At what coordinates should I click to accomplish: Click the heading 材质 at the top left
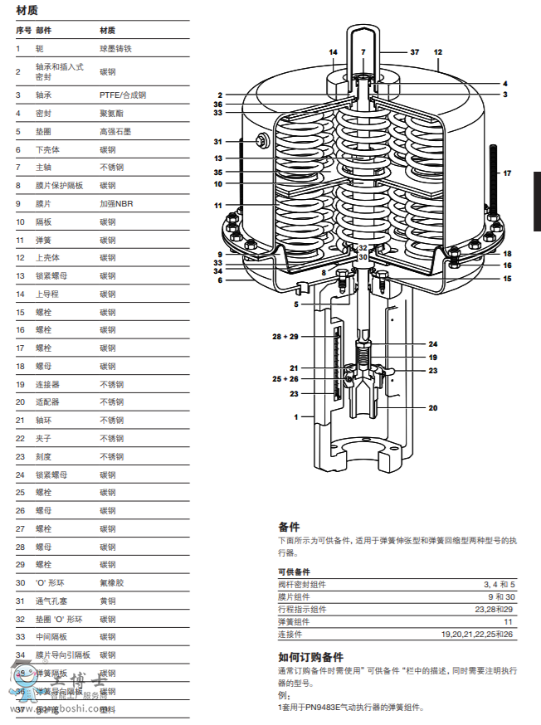coord(27,10)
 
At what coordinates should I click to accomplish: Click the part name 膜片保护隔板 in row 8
coord(59,186)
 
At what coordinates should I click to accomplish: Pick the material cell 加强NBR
coord(117,203)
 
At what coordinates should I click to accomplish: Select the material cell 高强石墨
coord(115,131)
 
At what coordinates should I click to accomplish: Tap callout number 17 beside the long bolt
coord(507,173)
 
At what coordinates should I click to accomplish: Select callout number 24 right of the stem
coord(432,343)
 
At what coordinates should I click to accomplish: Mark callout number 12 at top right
coord(438,51)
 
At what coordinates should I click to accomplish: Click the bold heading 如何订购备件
coord(310,656)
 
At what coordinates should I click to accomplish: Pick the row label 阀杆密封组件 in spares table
coord(301,585)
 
